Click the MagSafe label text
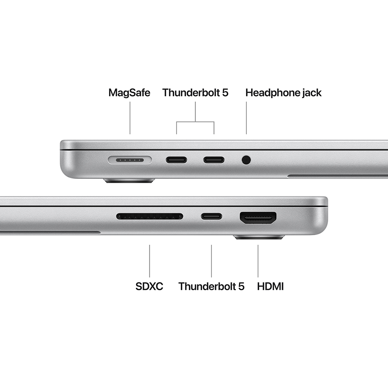(x=129, y=93)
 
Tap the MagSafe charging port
(x=130, y=159)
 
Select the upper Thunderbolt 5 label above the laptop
(x=195, y=93)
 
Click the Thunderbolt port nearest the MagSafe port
(x=177, y=159)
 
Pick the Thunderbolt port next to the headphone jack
(x=214, y=159)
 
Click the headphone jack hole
(x=246, y=159)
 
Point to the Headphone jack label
(x=283, y=93)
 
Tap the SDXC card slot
(x=150, y=216)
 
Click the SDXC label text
(x=149, y=287)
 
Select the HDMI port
(x=258, y=217)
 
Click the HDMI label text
(x=270, y=287)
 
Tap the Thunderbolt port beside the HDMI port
(x=211, y=216)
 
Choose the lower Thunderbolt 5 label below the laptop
(x=211, y=287)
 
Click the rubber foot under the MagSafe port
(x=129, y=180)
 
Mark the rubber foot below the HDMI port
(x=259, y=237)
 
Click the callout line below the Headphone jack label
(x=246, y=118)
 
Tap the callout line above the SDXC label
(x=150, y=260)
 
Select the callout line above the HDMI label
(x=258, y=260)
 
